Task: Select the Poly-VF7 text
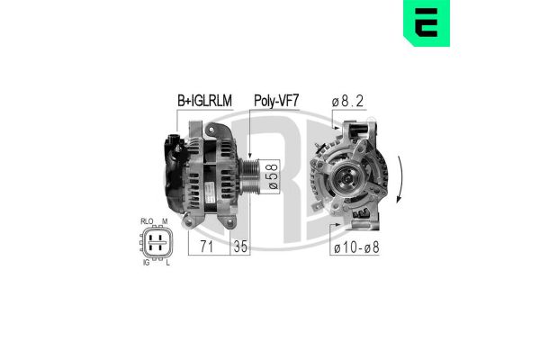tap(276, 102)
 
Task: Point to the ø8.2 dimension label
tap(348, 102)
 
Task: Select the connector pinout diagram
tap(155, 240)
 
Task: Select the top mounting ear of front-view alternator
tap(361, 132)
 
